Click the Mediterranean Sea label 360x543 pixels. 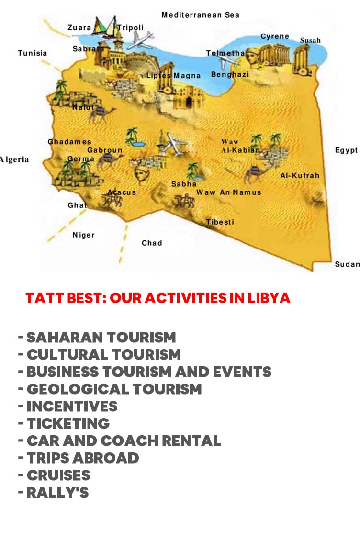click(x=200, y=15)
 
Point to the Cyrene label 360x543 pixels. click(x=275, y=36)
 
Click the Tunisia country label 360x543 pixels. click(x=33, y=53)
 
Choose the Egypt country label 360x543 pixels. click(x=346, y=150)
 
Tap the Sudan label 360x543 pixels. click(x=347, y=264)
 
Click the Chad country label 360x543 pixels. click(x=152, y=243)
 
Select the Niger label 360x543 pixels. click(x=83, y=235)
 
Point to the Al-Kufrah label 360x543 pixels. click(x=300, y=175)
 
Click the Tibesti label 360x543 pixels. click(x=220, y=222)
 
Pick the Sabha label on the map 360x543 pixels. click(x=184, y=184)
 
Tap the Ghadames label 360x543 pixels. click(x=69, y=142)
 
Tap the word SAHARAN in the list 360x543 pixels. click(x=64, y=337)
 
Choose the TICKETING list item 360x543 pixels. click(x=68, y=423)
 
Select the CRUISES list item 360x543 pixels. click(x=58, y=475)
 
